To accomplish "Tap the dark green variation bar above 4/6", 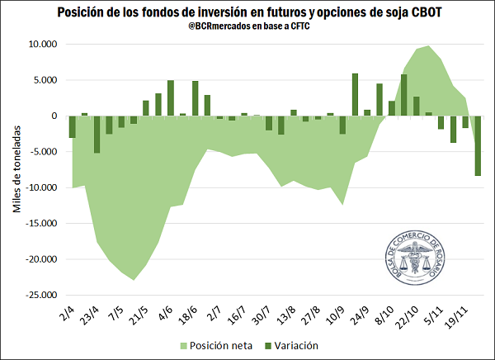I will tap(171, 97).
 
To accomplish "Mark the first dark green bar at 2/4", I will tap(73, 126).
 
